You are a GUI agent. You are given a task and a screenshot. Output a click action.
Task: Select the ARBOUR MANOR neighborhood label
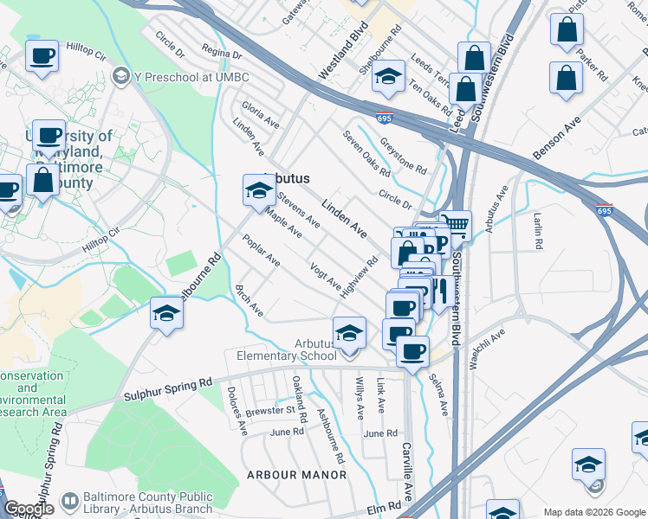[x=296, y=475]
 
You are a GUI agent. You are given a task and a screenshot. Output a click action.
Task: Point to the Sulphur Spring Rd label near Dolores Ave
[x=168, y=381]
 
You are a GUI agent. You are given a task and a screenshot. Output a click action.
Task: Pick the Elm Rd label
[x=388, y=507]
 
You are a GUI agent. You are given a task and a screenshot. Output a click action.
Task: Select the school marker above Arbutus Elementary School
[x=349, y=333]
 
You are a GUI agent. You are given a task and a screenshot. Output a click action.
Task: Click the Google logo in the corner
[x=29, y=509]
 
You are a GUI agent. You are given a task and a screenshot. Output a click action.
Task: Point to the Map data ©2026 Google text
[x=594, y=512]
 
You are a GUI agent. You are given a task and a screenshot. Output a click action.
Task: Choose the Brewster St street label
[x=270, y=410]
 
